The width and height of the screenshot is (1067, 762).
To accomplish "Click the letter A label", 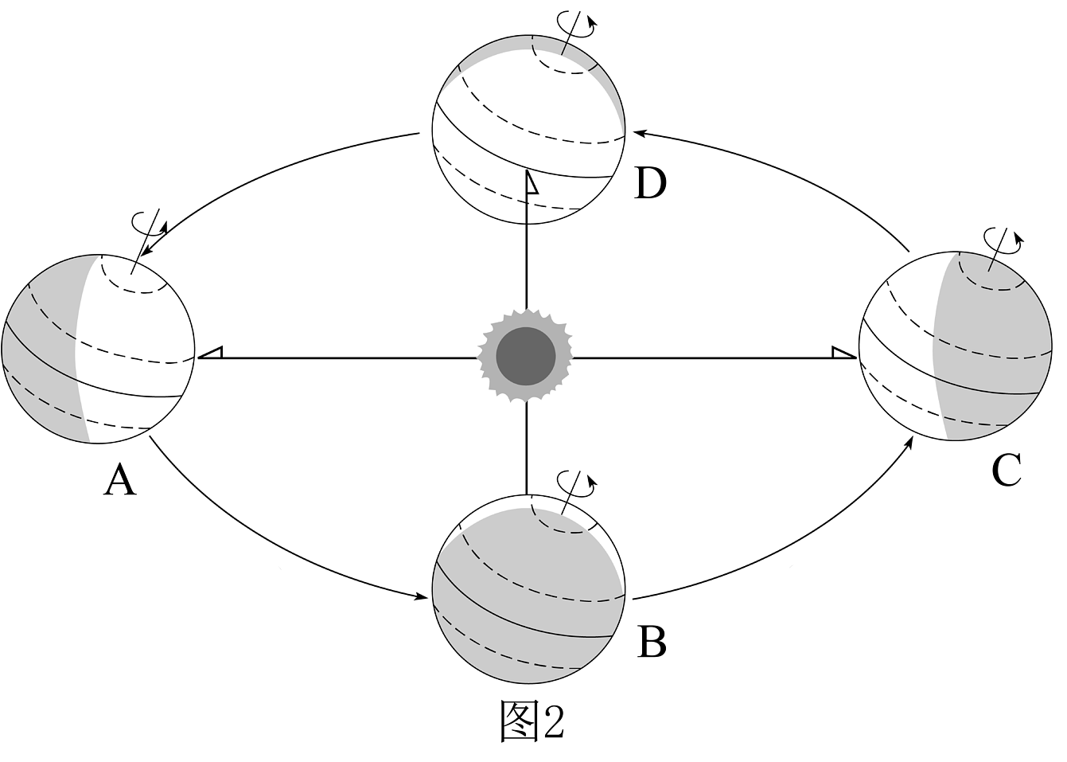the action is (x=120, y=480).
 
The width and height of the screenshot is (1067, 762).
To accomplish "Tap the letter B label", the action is (x=652, y=642).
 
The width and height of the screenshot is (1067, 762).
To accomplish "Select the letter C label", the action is (x=1006, y=471).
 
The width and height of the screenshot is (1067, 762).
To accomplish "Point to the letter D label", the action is (x=651, y=183).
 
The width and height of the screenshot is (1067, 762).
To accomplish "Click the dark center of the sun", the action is (x=526, y=356).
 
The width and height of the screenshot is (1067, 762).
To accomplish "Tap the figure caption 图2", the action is (x=532, y=721).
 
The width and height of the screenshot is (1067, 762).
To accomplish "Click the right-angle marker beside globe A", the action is (x=210, y=353).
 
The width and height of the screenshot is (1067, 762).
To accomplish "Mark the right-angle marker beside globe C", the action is (x=844, y=353).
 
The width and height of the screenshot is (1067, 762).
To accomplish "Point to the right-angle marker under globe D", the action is (x=532, y=183).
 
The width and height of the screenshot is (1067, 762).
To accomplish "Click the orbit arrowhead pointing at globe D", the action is (x=639, y=134).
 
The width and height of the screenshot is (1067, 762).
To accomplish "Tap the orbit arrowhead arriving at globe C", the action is (x=908, y=444).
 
